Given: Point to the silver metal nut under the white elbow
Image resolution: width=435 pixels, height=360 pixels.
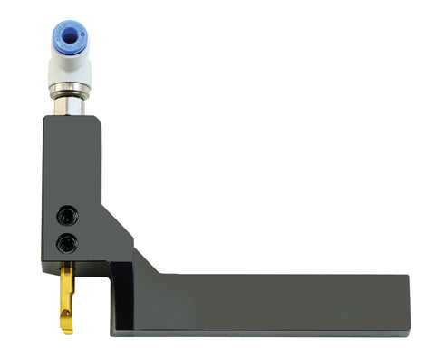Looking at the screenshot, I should [69, 91].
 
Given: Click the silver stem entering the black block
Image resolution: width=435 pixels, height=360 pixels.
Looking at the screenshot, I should [70, 108].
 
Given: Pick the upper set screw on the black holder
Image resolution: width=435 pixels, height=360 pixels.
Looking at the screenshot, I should [66, 216].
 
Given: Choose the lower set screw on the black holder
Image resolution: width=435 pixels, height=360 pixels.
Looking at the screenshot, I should [65, 242].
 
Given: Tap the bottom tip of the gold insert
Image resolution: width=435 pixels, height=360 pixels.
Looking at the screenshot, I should [67, 330].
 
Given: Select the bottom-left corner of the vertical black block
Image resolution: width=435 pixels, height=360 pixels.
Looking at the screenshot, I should [42, 264].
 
